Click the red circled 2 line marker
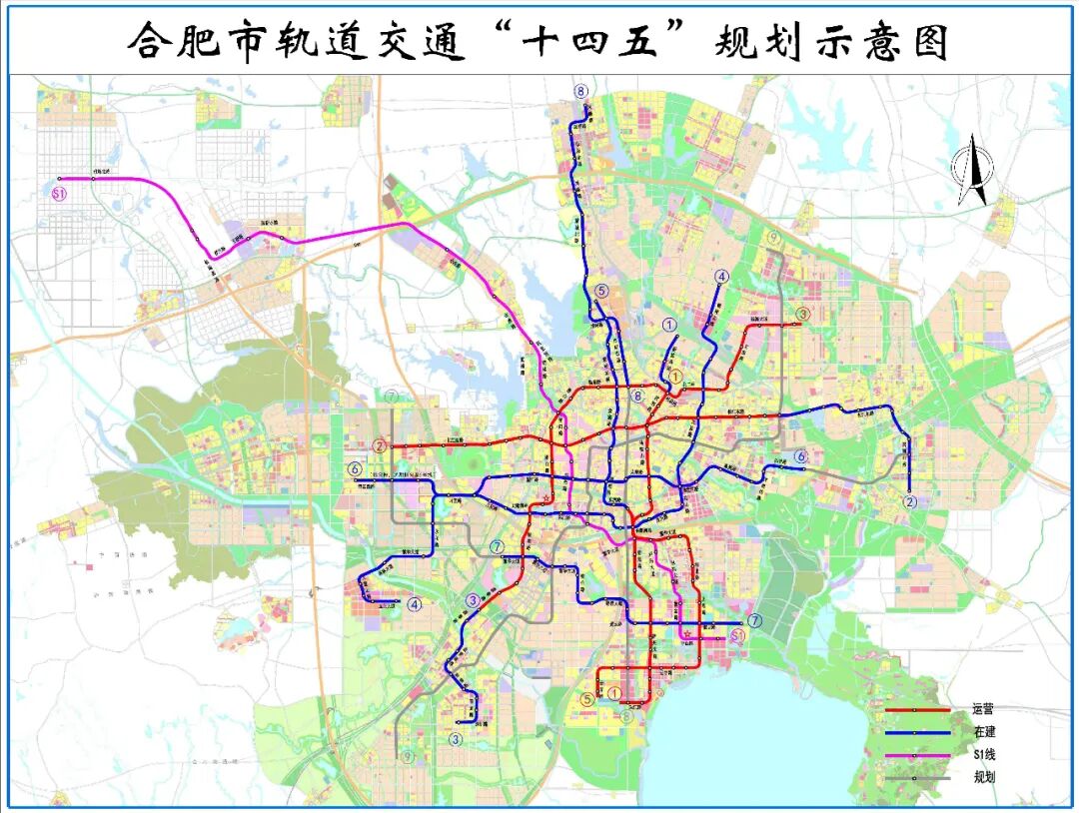[x=380, y=445]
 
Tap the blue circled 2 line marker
[x=910, y=501]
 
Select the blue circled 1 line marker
[x=669, y=325]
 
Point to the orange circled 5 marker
[x=587, y=698]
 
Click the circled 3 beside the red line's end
[x=801, y=315]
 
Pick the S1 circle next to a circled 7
[x=738, y=635]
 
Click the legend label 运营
[x=982, y=709]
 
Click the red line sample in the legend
[x=916, y=710]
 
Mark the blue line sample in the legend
[x=916, y=732]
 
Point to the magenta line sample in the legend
[x=916, y=755]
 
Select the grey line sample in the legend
[x=916, y=777]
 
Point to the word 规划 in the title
[x=754, y=43]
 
